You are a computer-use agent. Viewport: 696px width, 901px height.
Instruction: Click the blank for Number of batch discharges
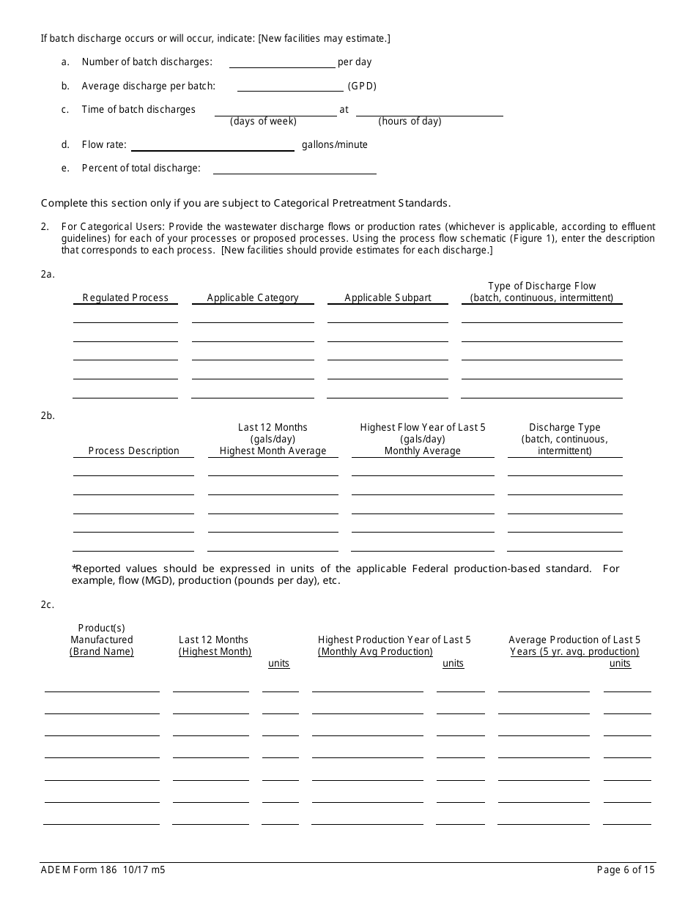[282, 63]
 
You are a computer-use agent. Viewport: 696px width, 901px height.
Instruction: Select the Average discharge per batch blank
[290, 86]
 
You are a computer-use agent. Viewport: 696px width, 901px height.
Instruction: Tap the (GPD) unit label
[362, 86]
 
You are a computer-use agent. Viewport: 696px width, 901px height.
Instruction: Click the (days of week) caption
[263, 122]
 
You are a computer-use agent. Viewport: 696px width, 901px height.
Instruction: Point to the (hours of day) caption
[410, 122]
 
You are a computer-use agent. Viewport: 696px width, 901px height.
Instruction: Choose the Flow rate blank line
[212, 145]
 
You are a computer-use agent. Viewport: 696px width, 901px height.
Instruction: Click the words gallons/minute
[335, 145]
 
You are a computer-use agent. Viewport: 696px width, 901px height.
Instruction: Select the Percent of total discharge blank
[294, 168]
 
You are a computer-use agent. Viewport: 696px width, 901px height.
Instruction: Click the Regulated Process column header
[125, 298]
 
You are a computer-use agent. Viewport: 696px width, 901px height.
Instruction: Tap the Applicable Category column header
[253, 298]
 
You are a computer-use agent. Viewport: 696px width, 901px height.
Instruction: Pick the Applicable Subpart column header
[388, 298]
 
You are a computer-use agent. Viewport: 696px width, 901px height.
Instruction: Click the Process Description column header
[133, 451]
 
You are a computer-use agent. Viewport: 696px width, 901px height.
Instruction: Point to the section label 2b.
[48, 416]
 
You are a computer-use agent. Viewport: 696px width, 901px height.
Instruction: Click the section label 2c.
[48, 605]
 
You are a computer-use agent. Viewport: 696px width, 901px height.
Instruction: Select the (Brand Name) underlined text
[102, 652]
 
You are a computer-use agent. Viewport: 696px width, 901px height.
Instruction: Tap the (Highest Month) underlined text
[215, 652]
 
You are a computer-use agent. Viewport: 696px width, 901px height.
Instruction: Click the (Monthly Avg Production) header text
[375, 652]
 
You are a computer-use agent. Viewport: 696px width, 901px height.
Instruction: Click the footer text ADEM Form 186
[75, 870]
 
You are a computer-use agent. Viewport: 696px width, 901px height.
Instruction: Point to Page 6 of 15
[626, 870]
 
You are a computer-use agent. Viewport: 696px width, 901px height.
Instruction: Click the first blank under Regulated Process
[125, 317]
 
